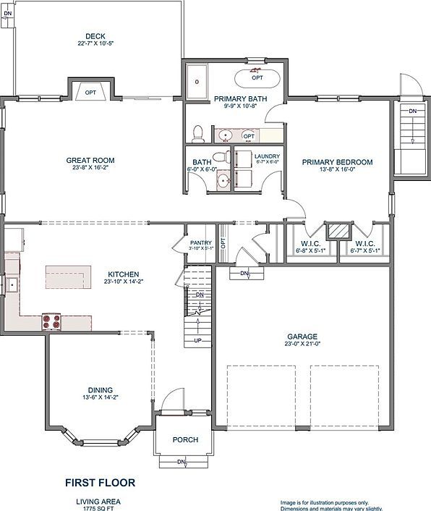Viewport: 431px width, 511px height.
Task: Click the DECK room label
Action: click(x=95, y=35)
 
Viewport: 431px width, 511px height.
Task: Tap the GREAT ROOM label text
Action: click(x=90, y=161)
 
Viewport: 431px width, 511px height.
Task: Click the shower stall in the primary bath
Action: click(x=197, y=81)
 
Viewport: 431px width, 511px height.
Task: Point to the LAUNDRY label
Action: click(x=267, y=156)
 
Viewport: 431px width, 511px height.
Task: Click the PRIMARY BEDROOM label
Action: click(x=337, y=162)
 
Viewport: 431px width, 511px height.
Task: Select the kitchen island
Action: click(x=69, y=276)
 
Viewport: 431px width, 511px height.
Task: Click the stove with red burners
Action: click(x=51, y=321)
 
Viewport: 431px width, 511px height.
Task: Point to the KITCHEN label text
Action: click(x=124, y=274)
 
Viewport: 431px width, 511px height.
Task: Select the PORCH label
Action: click(x=185, y=440)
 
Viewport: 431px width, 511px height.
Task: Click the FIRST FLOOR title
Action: click(x=100, y=482)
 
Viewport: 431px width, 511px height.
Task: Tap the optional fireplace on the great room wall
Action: click(x=90, y=90)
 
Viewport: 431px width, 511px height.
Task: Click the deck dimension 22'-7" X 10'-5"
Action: click(x=95, y=43)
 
